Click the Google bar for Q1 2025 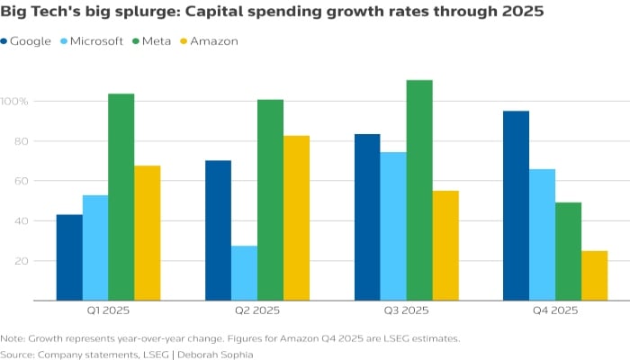69,257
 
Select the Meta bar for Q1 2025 121,197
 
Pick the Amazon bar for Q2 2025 296,218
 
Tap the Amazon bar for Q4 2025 594,275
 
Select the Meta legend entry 157,41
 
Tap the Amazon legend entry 211,41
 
